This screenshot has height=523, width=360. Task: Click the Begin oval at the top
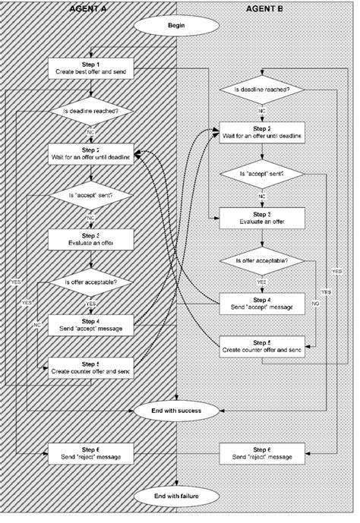coord(177,24)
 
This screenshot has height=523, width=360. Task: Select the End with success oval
coord(177,410)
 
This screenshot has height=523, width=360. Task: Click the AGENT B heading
coord(264,8)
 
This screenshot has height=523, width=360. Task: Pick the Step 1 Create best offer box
coord(91,67)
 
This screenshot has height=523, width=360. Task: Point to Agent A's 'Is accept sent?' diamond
coord(91,197)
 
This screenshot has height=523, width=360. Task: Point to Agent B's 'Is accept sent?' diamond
coord(263,175)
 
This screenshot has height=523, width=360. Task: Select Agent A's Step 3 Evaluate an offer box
coord(91,239)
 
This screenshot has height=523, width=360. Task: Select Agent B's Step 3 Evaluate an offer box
coord(263,218)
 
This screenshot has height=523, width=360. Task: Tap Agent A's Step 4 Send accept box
coord(91,324)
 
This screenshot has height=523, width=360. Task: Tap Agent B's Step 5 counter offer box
coord(263,346)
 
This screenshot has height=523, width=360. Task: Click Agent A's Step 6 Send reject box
coord(91,453)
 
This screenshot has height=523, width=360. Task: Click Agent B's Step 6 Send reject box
coord(263,453)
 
